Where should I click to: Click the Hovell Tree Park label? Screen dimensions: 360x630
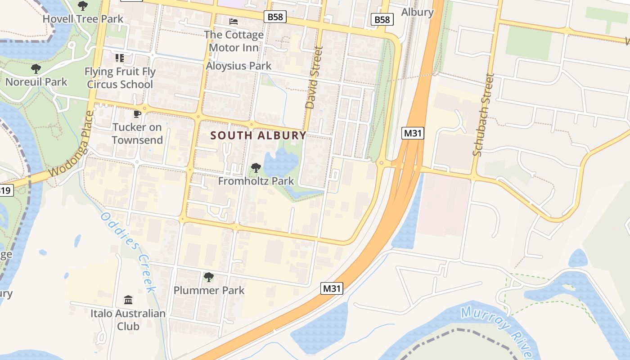point(83,19)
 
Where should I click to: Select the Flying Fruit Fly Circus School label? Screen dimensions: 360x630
point(120,78)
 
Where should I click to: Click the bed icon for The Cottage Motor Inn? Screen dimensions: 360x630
point(234,21)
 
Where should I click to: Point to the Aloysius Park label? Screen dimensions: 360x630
point(238,66)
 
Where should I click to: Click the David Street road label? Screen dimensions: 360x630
point(314,77)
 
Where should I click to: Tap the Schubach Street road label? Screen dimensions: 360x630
point(484,115)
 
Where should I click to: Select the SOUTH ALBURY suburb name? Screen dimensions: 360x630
point(258,135)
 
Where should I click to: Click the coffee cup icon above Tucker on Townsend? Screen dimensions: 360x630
point(137,114)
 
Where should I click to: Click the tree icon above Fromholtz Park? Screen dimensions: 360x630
point(256,168)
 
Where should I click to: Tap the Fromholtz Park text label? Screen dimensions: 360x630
point(256,181)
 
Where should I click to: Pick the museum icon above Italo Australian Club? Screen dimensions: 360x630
point(128,300)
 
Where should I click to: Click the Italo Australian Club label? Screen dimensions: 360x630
point(128,319)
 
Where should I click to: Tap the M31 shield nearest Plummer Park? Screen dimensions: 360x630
point(332,288)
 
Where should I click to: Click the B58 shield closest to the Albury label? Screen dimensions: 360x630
point(382,19)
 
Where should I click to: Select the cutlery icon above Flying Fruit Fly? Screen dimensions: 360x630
point(119,58)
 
